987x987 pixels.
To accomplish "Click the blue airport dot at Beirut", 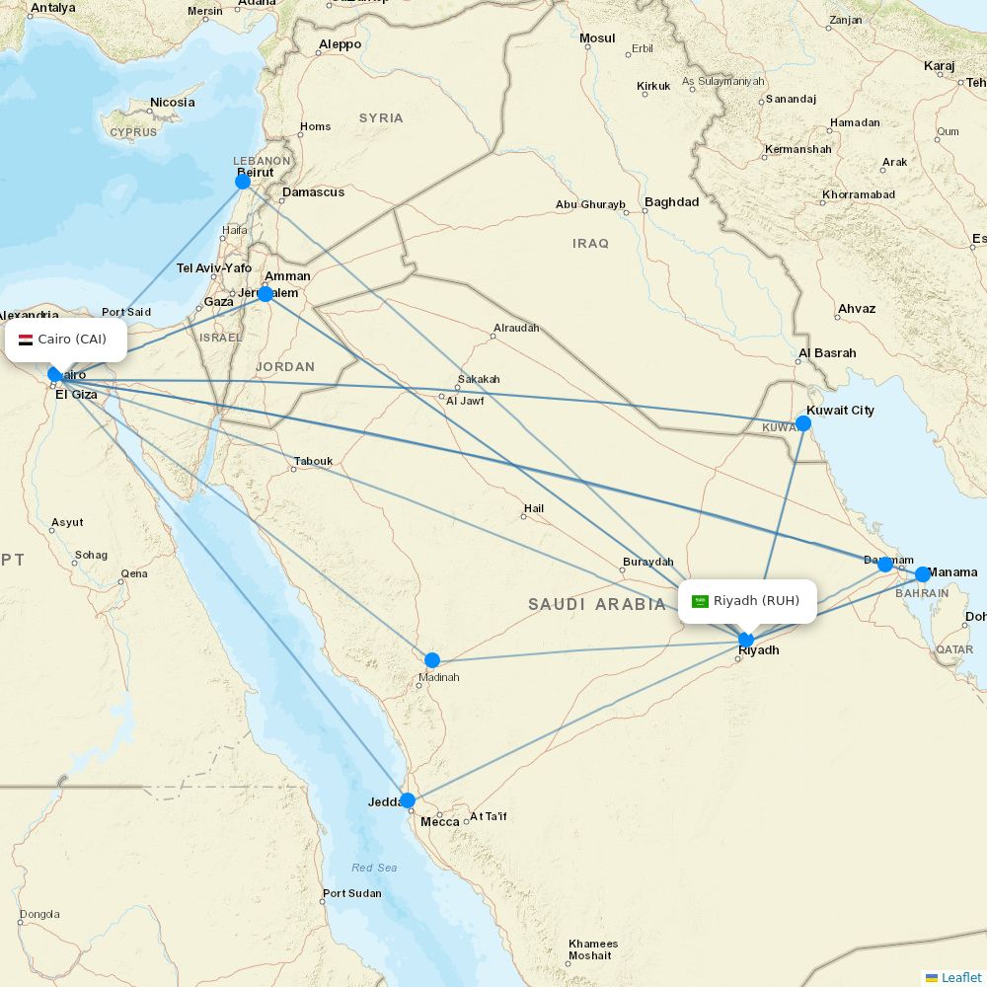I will (243, 182).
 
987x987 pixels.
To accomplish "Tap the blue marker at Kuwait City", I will (803, 423).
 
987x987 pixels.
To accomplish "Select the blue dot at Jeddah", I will (407, 800).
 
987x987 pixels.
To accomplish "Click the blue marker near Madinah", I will (432, 660).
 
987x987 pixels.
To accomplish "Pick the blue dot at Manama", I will (923, 574).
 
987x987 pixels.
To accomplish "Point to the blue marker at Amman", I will (266, 294).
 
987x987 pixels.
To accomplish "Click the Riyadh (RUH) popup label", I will (756, 601).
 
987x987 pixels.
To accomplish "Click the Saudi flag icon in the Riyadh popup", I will (700, 601).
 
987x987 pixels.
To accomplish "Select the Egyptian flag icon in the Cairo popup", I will (26, 340).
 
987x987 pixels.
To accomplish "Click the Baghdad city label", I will (671, 202).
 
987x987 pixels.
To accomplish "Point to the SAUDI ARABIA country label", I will (597, 604).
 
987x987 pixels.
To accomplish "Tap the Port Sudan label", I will (351, 894).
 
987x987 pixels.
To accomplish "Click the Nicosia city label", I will (173, 103).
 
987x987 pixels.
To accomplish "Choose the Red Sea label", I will (374, 868).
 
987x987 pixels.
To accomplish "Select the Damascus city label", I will (313, 192).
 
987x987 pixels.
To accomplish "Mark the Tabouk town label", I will (313, 461).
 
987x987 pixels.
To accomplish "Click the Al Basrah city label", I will (827, 353).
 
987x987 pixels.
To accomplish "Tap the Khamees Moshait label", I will (593, 949).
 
